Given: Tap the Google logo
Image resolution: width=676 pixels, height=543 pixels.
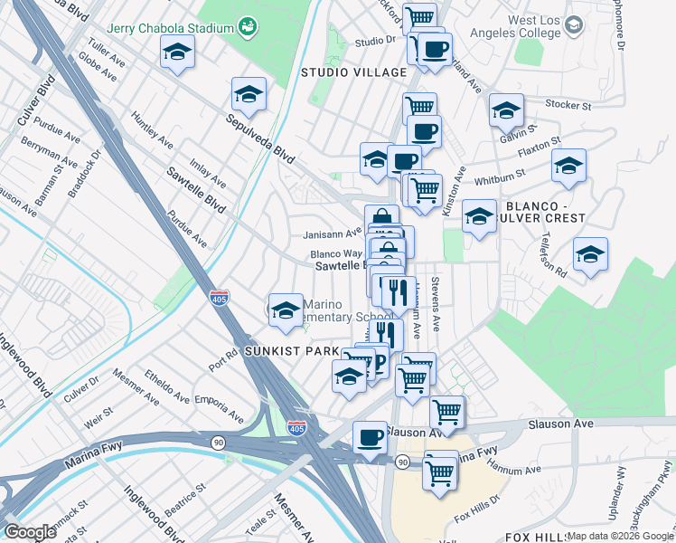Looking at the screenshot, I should click(30, 532).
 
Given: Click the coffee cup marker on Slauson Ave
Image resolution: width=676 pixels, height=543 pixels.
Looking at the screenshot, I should click(370, 439).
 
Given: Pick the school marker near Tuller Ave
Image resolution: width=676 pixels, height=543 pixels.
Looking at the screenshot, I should click(178, 52).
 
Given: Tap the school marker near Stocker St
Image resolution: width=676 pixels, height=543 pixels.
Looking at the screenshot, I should click(507, 110).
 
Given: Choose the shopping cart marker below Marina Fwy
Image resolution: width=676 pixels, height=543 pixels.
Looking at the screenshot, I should click(440, 470).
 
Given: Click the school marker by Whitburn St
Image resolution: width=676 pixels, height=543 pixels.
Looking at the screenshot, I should click(568, 166).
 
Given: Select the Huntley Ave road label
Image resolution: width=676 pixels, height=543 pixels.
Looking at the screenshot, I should click(152, 130).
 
